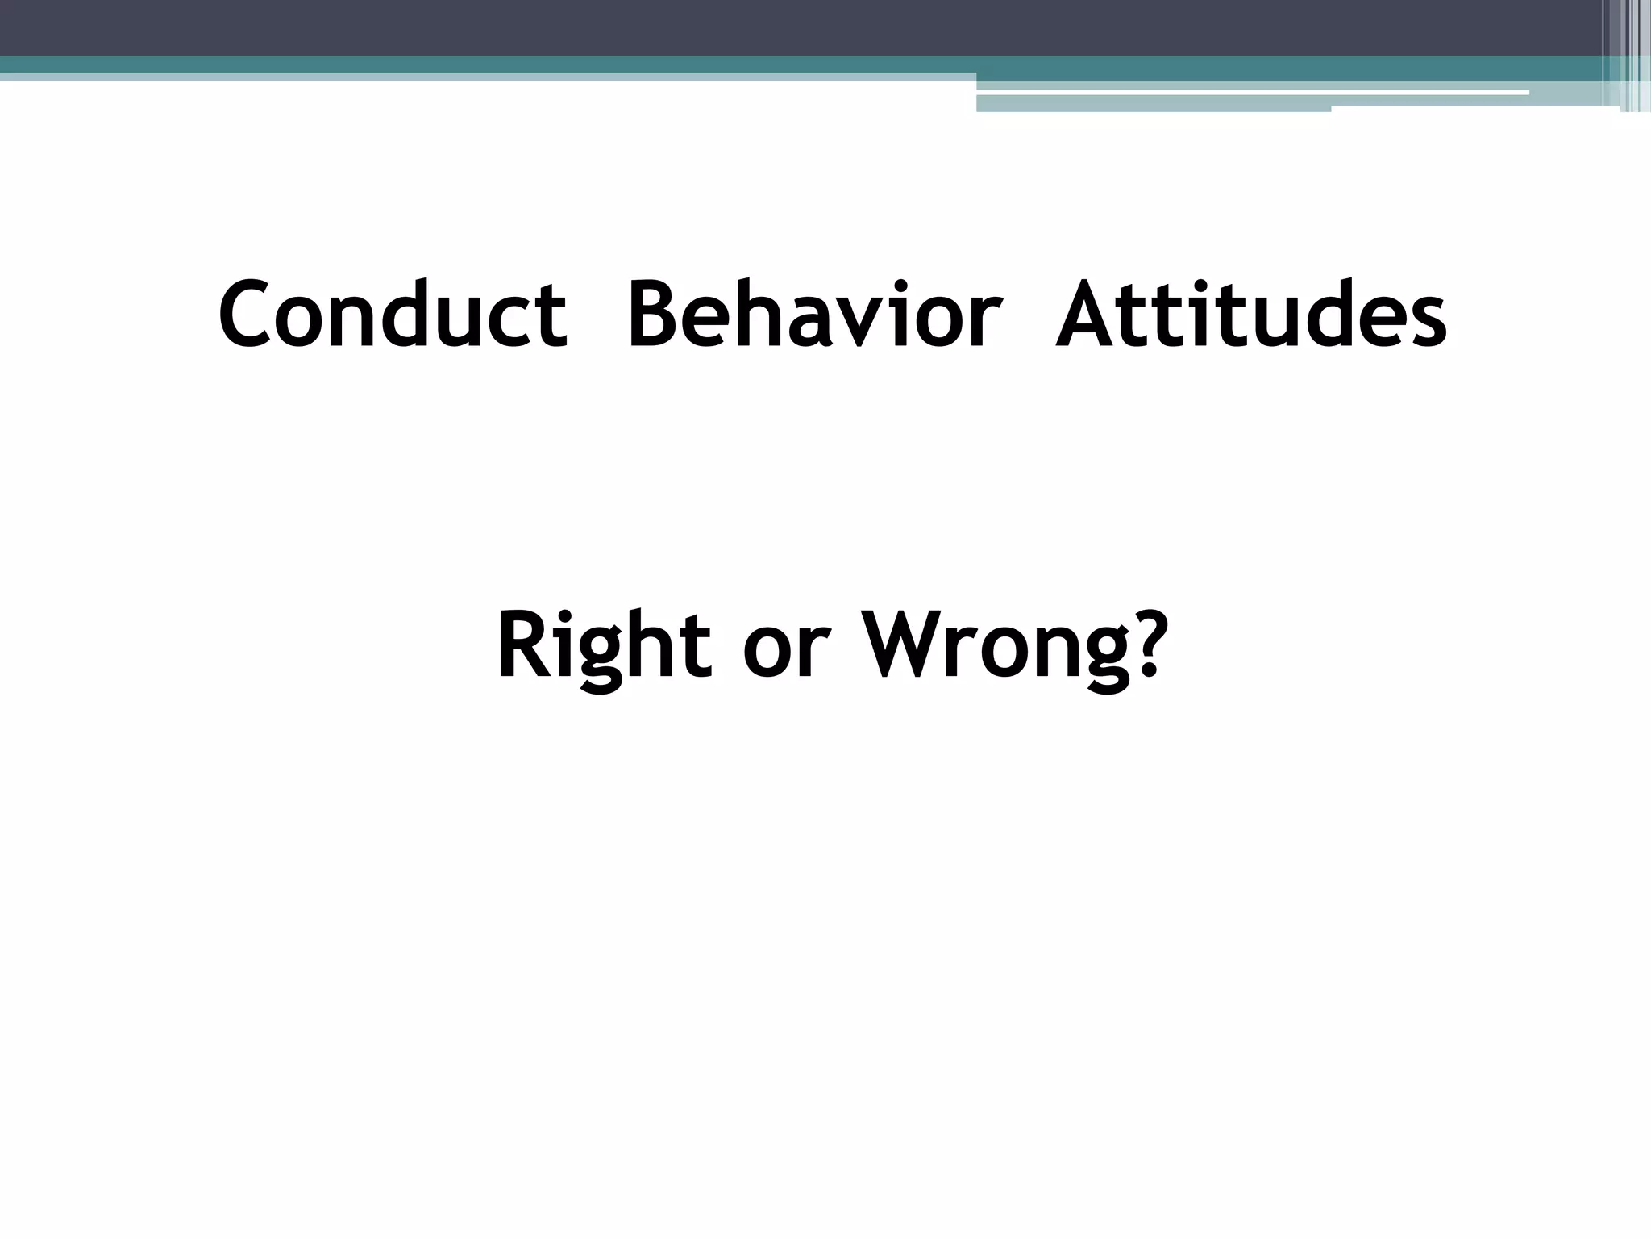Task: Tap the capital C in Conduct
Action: tap(243, 315)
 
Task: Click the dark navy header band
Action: tap(726, 27)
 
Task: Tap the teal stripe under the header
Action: tap(484, 64)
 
